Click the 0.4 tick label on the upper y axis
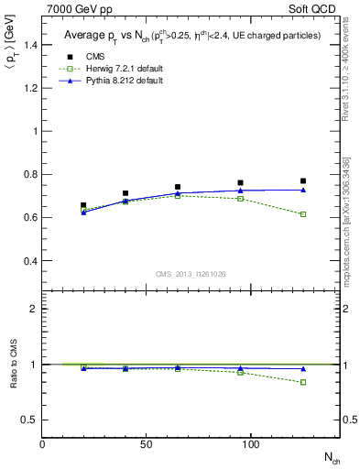pyautogui.click(x=29, y=261)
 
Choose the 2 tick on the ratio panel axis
pyautogui.click(x=34, y=309)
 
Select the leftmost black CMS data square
pyautogui.click(x=83, y=206)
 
